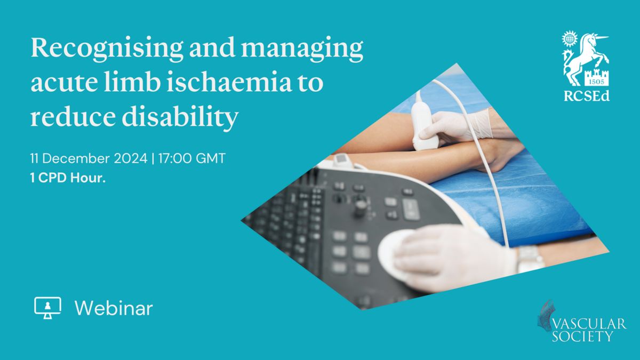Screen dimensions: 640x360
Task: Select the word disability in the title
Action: coord(180,117)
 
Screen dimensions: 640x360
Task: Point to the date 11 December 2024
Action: coord(89,158)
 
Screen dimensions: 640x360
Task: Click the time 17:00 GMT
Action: coord(191,158)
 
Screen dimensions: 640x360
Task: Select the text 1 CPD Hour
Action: coord(68,178)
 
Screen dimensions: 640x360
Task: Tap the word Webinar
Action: coord(114,308)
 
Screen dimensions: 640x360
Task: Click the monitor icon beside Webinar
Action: coord(47,308)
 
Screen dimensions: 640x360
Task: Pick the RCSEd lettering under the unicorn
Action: coord(587,96)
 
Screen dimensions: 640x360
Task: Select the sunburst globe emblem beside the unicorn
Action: coord(570,38)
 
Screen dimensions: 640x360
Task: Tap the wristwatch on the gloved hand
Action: coord(529,259)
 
